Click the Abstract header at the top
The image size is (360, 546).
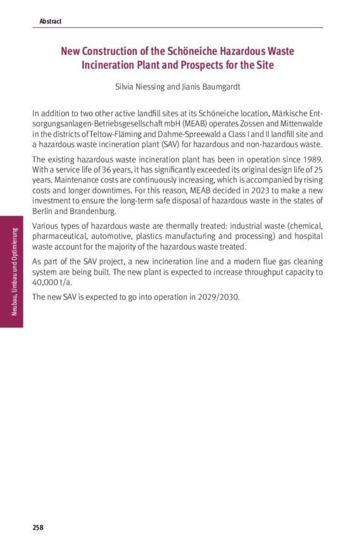point(50,21)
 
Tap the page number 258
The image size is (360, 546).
point(38,527)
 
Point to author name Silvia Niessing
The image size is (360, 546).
point(140,87)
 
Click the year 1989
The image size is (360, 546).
point(312,159)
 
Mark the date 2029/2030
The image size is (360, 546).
point(214,297)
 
